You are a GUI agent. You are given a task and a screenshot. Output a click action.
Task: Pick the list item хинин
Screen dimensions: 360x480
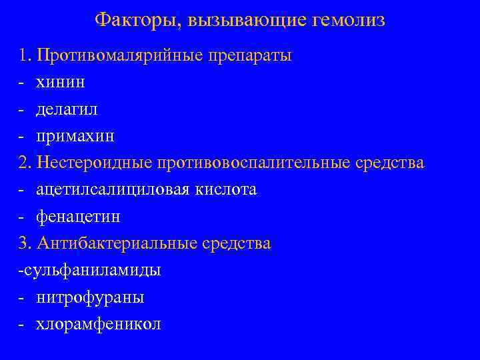tap(61, 82)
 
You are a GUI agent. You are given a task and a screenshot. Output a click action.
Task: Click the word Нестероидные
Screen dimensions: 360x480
tap(95, 163)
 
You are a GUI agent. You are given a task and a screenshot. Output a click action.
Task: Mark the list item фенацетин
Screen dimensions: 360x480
tap(79, 217)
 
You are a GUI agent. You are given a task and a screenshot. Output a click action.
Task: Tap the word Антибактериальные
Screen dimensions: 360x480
tap(117, 244)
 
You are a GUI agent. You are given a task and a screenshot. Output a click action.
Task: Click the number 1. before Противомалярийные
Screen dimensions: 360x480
tap(26, 55)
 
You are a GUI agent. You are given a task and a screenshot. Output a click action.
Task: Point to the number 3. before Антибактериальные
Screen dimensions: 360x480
tap(26, 244)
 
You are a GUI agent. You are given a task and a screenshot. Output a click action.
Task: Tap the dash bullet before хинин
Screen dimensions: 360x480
tap(22, 83)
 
